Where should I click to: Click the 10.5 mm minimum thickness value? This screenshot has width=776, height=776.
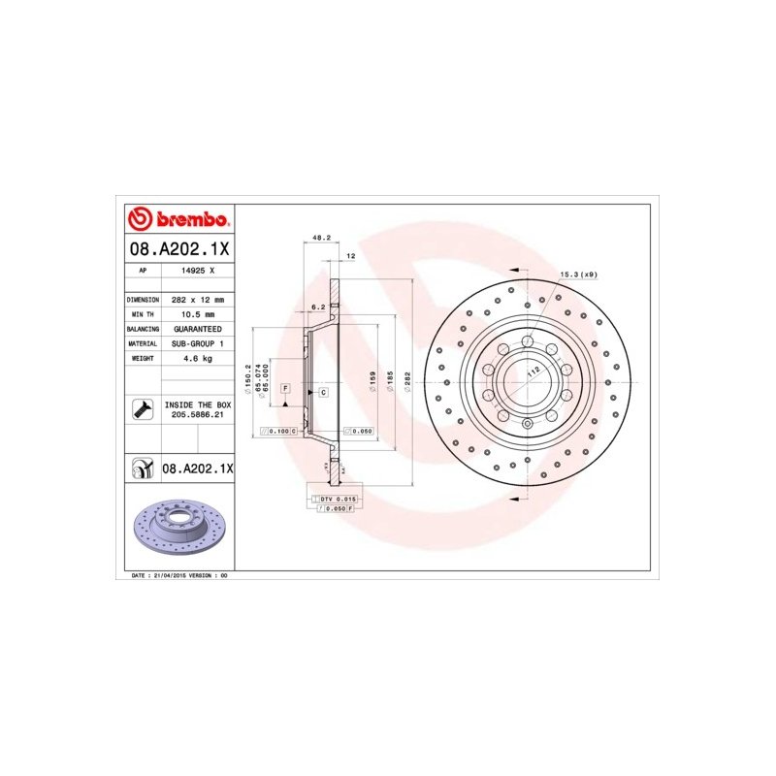tap(197, 315)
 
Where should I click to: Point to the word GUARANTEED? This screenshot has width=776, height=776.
tap(197, 329)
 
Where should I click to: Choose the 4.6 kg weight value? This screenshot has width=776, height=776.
tap(197, 358)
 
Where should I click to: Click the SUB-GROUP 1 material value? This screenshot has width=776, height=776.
tap(197, 343)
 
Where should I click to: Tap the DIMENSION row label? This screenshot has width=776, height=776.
tap(143, 301)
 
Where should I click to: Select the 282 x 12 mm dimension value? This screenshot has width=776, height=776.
tap(197, 301)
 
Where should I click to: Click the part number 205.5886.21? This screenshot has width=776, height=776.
tap(197, 414)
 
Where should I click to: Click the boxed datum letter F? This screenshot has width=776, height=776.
tap(286, 387)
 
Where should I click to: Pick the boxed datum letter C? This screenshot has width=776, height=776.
tap(322, 391)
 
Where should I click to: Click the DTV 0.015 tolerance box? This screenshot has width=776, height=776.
tap(336, 498)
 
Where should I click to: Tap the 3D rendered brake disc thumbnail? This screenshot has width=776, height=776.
tap(180, 529)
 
